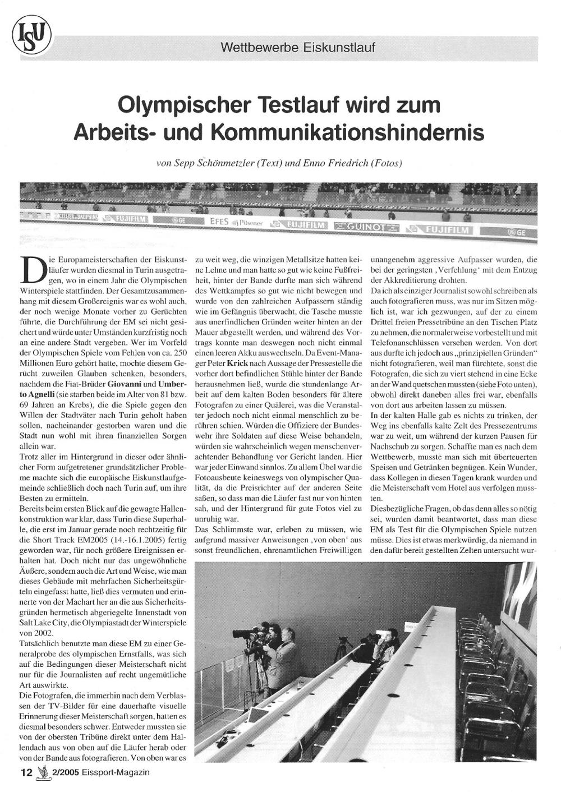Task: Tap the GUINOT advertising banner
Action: [369, 227]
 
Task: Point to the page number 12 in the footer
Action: [26, 772]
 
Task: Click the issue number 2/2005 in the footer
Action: [63, 772]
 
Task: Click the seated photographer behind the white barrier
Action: [386, 647]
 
